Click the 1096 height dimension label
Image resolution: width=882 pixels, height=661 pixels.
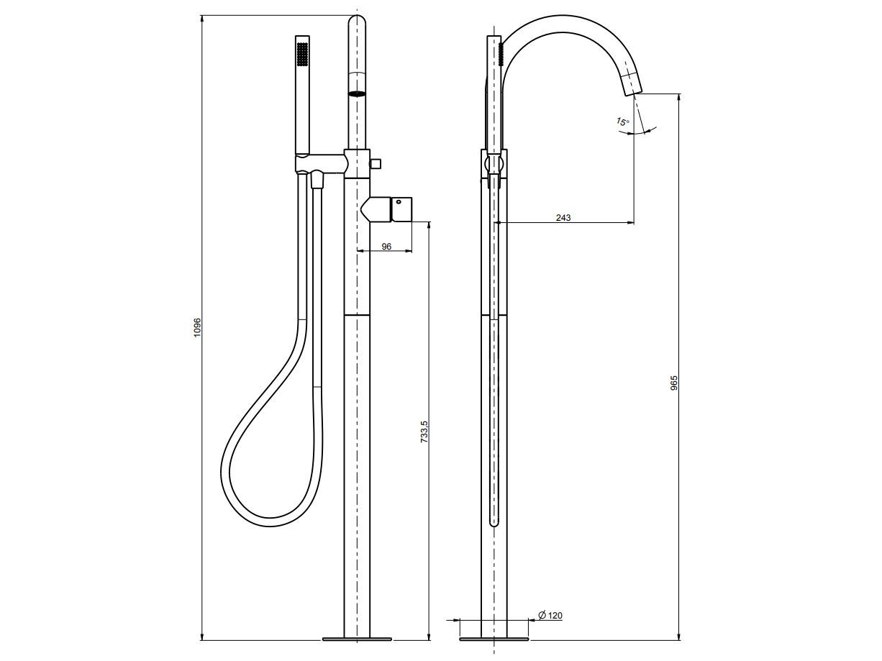pos(196,327)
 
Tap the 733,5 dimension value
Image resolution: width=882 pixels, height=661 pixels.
pos(424,432)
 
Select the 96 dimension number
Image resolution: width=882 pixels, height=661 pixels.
pos(386,246)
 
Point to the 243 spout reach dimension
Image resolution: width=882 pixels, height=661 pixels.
pos(563,218)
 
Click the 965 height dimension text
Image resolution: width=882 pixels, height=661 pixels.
pos(674,383)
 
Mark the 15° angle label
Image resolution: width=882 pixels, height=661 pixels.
pos(622,122)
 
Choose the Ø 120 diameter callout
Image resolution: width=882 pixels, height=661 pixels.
pos(550,615)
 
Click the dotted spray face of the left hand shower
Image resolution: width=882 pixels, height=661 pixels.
pos(302,54)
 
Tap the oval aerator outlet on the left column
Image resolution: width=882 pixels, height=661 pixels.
pos(357,94)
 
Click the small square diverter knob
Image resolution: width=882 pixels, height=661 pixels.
pos(376,163)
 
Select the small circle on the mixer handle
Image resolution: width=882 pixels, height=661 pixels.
pos(399,202)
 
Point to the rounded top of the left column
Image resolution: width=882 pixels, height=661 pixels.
pos(357,20)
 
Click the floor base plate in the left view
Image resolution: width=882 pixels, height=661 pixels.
pos(357,639)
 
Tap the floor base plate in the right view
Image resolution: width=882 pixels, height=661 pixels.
pos(494,639)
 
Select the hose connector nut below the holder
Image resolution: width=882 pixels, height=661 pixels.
pos(317,179)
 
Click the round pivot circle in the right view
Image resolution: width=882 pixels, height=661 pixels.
pos(494,164)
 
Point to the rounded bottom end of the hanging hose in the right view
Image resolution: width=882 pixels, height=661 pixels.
pos(494,522)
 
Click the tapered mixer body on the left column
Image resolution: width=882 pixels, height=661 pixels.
pos(376,209)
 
